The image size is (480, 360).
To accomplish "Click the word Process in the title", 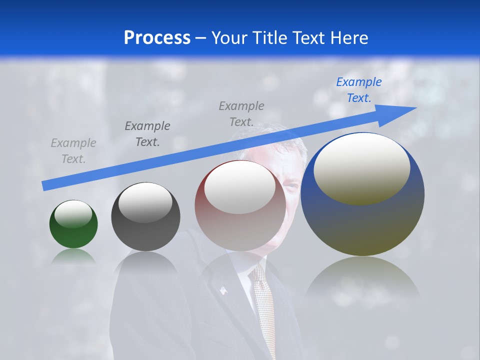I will tap(157, 37).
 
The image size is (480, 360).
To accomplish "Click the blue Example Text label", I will tap(358, 90).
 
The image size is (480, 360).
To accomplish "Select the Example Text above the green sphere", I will tap(73, 151).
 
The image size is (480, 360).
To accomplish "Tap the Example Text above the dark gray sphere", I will tap(147, 134).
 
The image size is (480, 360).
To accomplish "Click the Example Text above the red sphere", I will tap(241, 114).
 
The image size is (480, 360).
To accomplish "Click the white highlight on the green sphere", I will tap(73, 214).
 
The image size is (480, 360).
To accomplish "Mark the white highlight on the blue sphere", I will tap(361, 167).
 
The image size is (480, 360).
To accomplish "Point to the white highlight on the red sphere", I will tap(239, 187).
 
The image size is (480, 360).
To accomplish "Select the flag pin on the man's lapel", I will tap(223, 290).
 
